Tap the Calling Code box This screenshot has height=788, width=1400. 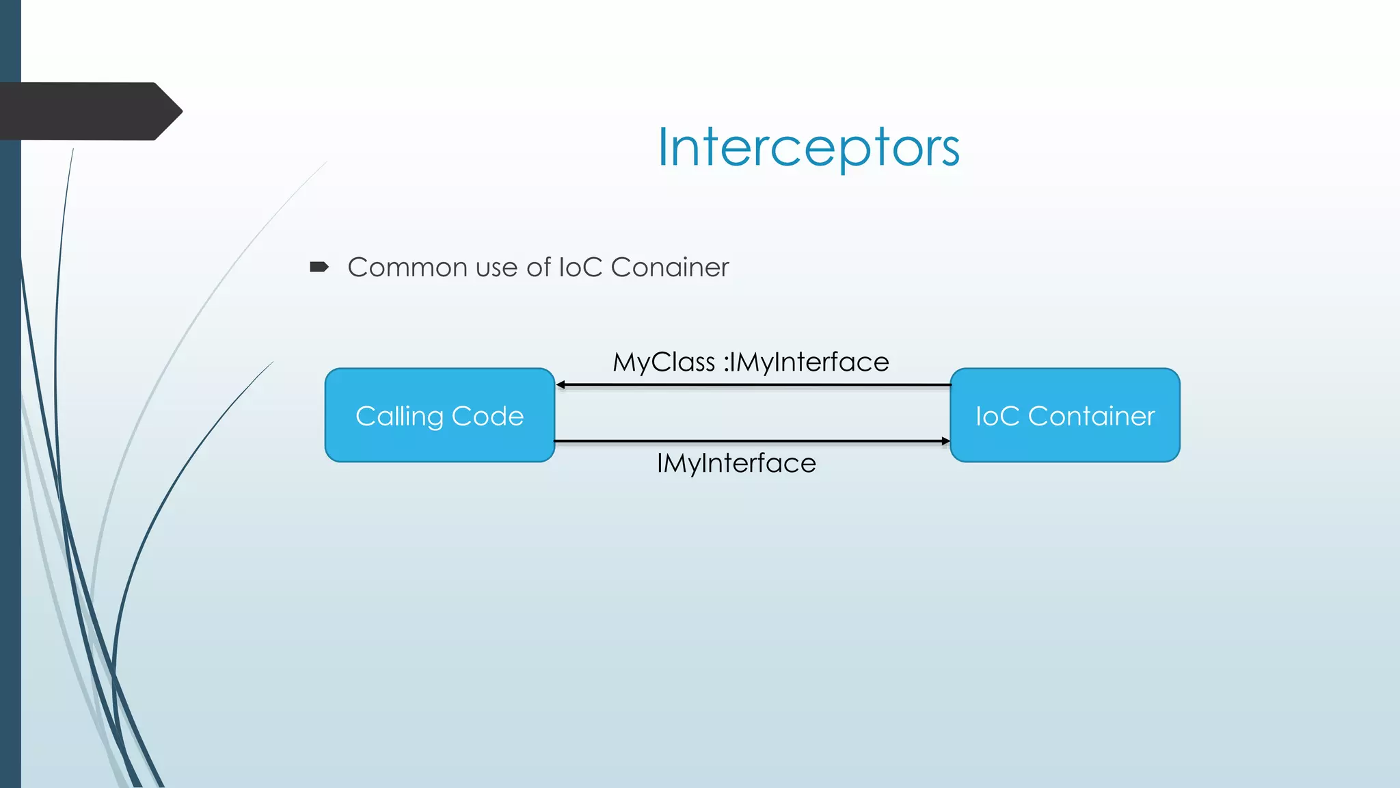[440, 415]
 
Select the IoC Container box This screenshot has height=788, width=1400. [1064, 415]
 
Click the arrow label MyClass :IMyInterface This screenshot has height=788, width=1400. [751, 362]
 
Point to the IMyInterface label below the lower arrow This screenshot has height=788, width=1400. [736, 463]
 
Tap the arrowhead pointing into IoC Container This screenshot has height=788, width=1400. [945, 441]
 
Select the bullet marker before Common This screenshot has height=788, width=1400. [319, 267]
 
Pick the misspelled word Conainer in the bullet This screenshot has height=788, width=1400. [670, 267]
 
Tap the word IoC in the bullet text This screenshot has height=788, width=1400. [580, 267]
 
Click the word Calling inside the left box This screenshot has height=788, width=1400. [399, 417]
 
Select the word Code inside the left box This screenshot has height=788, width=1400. [487, 416]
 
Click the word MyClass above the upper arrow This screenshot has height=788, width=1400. [663, 363]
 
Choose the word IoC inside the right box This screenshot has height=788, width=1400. [997, 416]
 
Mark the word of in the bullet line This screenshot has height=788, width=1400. [539, 267]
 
